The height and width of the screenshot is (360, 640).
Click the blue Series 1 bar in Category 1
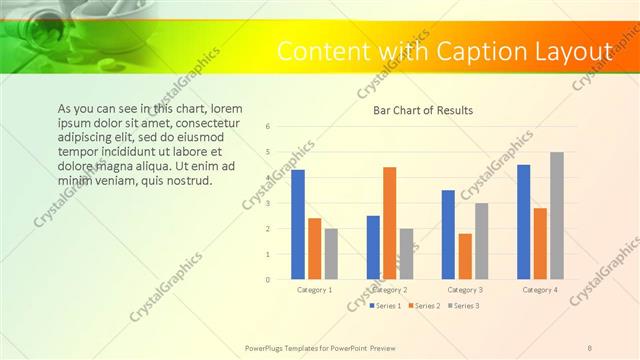[x=298, y=224]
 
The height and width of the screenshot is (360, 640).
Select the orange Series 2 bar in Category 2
[x=389, y=223]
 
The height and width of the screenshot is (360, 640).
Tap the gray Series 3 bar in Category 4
[x=557, y=215]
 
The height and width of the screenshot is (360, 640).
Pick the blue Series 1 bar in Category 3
[x=448, y=234]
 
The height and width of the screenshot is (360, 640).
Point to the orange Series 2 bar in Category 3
[x=465, y=256]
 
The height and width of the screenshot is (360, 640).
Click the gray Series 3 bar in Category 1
[x=331, y=253]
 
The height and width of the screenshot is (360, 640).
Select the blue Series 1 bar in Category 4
[x=524, y=222]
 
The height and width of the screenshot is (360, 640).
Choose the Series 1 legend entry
[x=388, y=305]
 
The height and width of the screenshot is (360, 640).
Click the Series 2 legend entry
[x=425, y=305]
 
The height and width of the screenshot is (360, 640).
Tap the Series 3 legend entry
[x=464, y=305]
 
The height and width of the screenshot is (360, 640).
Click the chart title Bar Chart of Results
[x=423, y=110]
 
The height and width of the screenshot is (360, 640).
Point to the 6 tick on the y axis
[x=268, y=127]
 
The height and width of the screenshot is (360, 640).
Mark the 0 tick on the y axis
[x=268, y=279]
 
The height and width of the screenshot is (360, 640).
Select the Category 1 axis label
[x=315, y=289]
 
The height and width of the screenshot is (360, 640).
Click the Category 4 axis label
[x=540, y=289]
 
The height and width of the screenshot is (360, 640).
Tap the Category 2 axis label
[x=390, y=289]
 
